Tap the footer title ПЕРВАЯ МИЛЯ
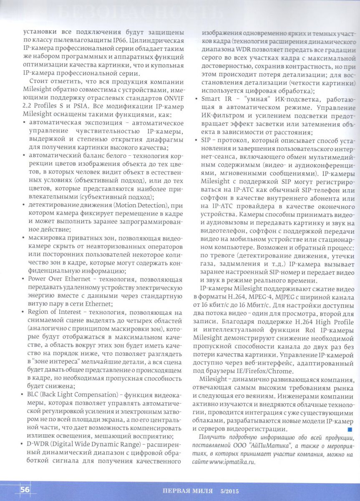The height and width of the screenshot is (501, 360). (188, 491)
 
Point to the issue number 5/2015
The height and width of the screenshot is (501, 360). (229, 491)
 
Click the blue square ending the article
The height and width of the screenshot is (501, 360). (350, 429)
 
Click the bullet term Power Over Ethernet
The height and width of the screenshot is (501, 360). (56, 279)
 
